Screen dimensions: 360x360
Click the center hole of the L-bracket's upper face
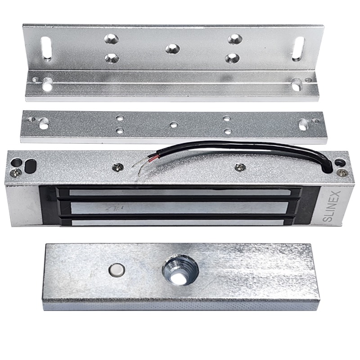[172, 49]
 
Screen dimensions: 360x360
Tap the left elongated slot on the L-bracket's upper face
[46, 49]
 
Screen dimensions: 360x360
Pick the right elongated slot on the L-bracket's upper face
[298, 49]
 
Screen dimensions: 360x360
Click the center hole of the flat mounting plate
[174, 125]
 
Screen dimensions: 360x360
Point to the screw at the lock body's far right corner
[343, 172]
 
